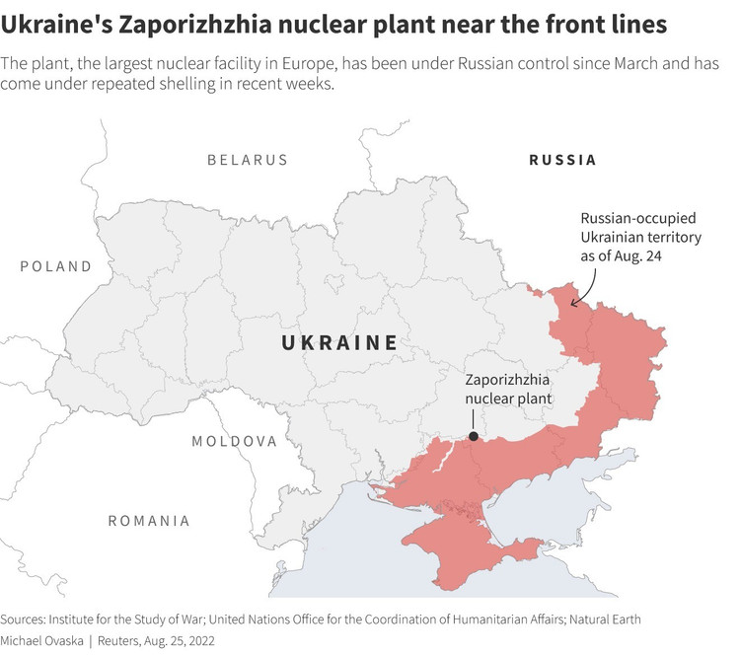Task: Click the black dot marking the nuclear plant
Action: click(x=474, y=435)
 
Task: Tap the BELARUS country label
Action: click(x=247, y=160)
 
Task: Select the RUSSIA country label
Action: click(x=562, y=160)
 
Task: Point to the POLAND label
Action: click(x=55, y=266)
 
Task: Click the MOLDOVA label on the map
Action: click(x=234, y=441)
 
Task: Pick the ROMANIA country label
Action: click(x=149, y=520)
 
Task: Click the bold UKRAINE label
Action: click(x=339, y=343)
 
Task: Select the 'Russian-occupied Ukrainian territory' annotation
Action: click(x=639, y=237)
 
